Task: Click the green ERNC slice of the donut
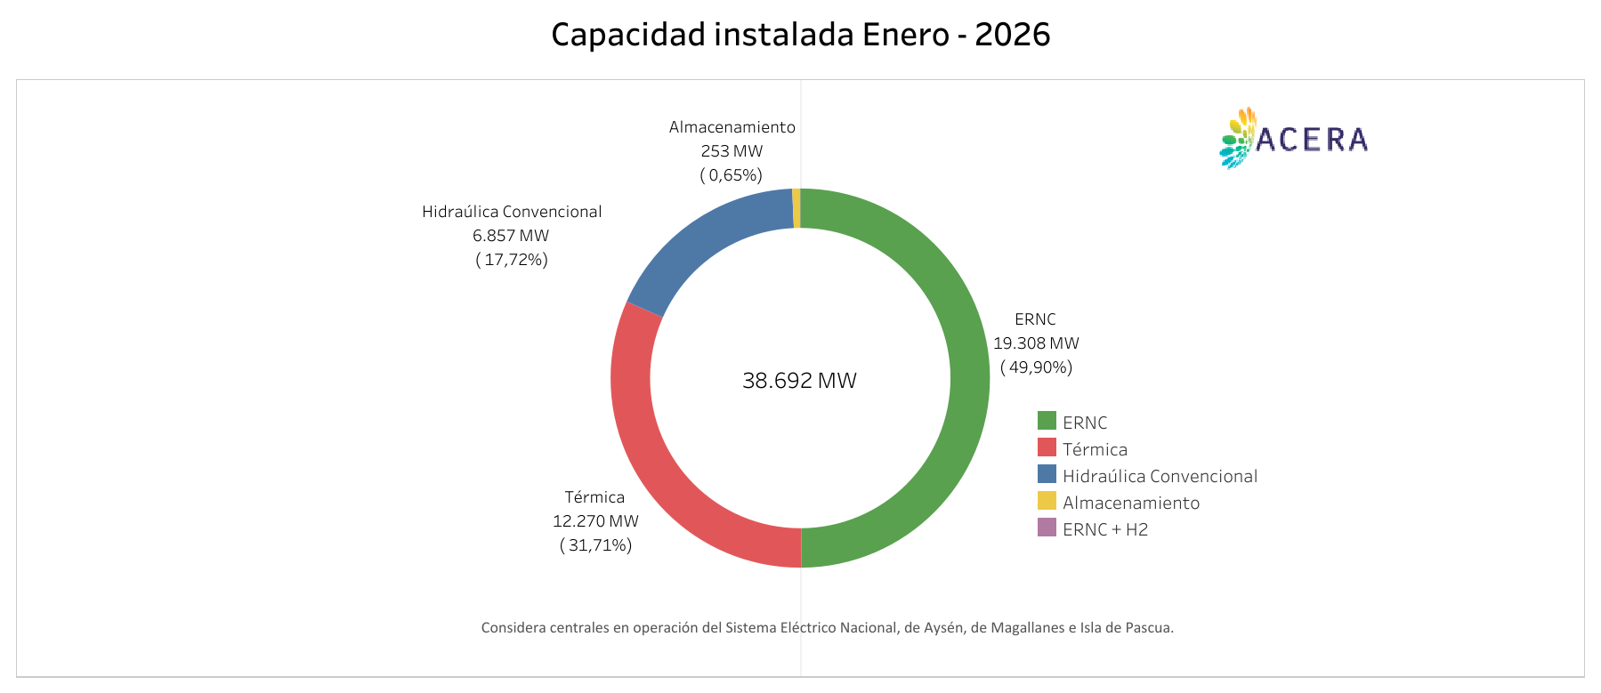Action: [x=969, y=378]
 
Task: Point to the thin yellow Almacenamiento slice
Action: [x=796, y=208]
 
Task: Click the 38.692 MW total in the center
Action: [x=799, y=381]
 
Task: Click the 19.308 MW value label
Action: [x=1036, y=343]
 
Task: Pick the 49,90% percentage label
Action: [x=1037, y=367]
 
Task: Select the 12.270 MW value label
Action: [x=595, y=521]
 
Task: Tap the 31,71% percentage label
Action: [x=596, y=545]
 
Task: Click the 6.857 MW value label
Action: [x=511, y=236]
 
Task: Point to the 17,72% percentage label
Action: [x=512, y=260]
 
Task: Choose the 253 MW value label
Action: [x=732, y=151]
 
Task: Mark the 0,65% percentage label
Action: [x=732, y=175]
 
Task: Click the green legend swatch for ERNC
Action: [x=1047, y=421]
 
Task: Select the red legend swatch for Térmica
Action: [x=1047, y=447]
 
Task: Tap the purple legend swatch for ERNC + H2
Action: [x=1047, y=528]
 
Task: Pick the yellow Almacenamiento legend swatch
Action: [x=1047, y=501]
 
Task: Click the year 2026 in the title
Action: [x=1012, y=35]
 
